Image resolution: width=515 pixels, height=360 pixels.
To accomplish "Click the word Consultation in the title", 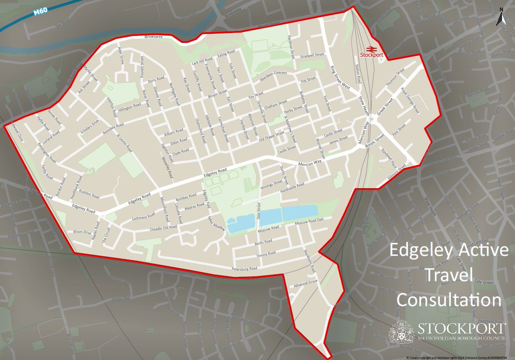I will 448,299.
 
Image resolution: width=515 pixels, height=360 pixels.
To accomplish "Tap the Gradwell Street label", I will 312,55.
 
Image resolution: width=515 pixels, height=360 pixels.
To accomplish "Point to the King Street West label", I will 340,77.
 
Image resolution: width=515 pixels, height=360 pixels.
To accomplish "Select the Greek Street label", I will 385,109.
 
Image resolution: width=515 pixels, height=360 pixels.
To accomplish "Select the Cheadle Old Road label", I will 163,227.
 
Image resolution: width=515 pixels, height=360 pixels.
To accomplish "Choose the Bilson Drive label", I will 82,232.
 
